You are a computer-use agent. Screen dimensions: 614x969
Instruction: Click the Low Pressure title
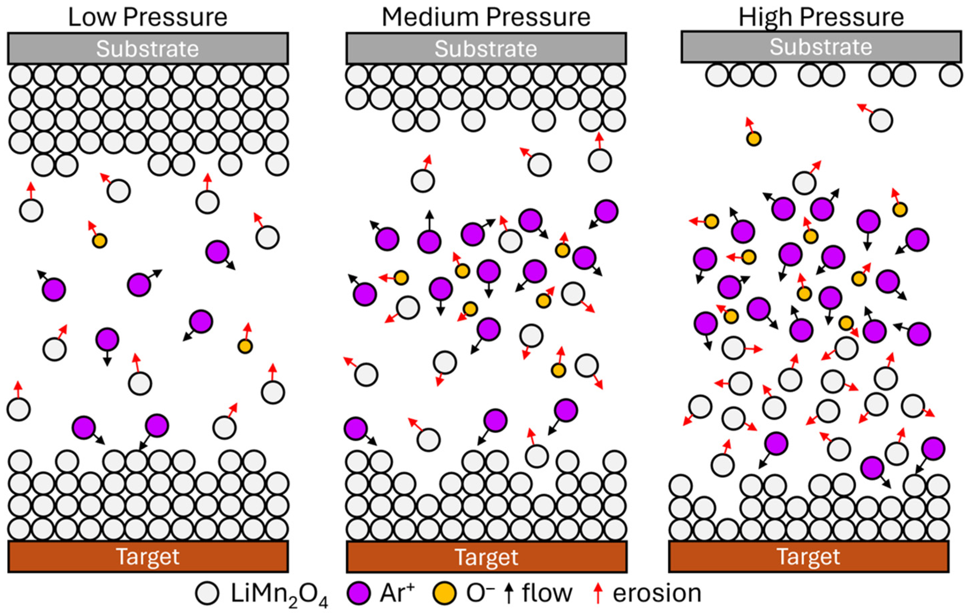pos(147,17)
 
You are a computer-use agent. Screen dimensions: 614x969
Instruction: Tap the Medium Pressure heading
pos(486,17)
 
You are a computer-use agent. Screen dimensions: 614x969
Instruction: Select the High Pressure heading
pos(821,17)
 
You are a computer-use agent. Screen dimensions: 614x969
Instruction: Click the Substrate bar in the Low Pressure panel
pos(148,49)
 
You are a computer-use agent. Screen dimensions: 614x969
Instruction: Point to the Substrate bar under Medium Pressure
pos(486,49)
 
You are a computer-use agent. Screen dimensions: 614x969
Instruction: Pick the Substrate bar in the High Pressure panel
pos(821,47)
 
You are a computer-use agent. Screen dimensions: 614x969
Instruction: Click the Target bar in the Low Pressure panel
pos(148,557)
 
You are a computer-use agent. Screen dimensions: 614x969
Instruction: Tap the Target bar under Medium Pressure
pos(487,557)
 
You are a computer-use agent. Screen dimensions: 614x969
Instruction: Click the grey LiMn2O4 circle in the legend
pos(208,593)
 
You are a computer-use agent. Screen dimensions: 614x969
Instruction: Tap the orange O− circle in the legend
pos(445,593)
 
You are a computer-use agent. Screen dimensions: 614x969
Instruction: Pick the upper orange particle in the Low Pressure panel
pos(99,241)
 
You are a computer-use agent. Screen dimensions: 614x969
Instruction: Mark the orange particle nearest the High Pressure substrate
pos(754,139)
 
